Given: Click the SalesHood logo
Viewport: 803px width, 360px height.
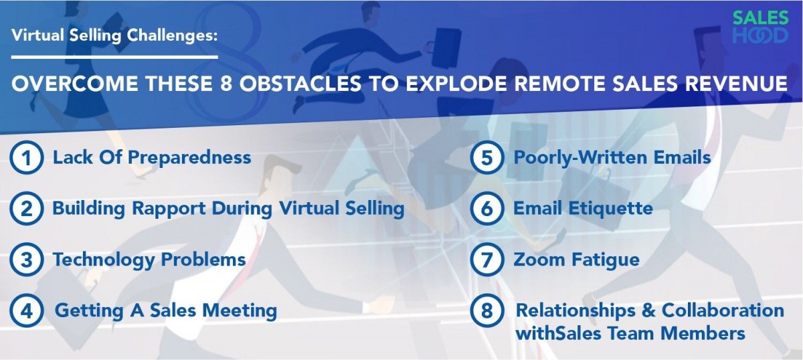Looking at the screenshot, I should click(760, 27).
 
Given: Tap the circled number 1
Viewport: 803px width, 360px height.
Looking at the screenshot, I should click(25, 158).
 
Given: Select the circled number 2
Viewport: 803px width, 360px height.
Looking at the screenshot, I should click(25, 209).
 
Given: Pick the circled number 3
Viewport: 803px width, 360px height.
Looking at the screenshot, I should click(25, 260).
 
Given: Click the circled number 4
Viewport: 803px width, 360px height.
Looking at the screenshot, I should click(25, 311).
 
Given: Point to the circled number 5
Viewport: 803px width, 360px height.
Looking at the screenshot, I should click(486, 158).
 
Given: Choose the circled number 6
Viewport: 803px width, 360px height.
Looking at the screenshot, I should click(486, 209).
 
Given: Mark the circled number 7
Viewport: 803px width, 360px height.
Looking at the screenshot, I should click(486, 260).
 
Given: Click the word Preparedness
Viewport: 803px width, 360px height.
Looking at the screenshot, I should click(189, 158).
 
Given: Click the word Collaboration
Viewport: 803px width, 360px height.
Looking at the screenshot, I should click(722, 311).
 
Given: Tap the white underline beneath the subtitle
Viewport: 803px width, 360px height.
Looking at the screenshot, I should click(114, 57).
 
